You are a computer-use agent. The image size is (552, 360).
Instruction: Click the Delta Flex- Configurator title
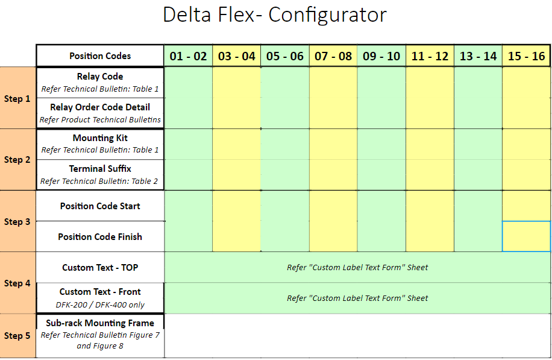pyautogui.click(x=275, y=15)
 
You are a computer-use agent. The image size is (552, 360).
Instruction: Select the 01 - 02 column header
pyautogui.click(x=189, y=56)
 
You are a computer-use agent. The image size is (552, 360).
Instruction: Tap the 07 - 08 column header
pyautogui.click(x=333, y=56)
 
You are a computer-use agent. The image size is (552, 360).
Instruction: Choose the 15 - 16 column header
pyautogui.click(x=526, y=56)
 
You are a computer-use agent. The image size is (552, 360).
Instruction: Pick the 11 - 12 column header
pyautogui.click(x=430, y=56)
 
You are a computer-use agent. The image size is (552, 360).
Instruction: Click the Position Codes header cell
pyautogui.click(x=100, y=55)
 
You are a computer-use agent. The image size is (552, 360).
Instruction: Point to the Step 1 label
pyautogui.click(x=17, y=99)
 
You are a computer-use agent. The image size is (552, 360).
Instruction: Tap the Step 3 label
pyautogui.click(x=17, y=221)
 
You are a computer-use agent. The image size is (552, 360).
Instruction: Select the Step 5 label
pyautogui.click(x=17, y=336)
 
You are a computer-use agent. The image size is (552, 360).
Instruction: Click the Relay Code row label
pyautogui.click(x=100, y=77)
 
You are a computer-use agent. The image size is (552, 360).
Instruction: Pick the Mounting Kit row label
pyautogui.click(x=100, y=138)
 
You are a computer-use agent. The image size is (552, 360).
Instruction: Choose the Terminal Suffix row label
pyautogui.click(x=100, y=169)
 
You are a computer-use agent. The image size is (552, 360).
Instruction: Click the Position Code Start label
pyautogui.click(x=100, y=206)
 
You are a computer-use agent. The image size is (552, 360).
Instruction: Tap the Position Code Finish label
pyautogui.click(x=100, y=237)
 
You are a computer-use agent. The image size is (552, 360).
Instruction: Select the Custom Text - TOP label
pyautogui.click(x=100, y=268)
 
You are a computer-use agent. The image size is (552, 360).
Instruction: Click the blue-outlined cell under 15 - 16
pyautogui.click(x=526, y=236)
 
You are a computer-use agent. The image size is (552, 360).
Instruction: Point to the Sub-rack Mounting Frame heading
pyautogui.click(x=100, y=323)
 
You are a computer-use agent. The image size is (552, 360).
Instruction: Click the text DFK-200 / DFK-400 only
pyautogui.click(x=100, y=305)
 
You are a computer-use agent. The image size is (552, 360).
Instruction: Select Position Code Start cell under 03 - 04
pyautogui.click(x=237, y=206)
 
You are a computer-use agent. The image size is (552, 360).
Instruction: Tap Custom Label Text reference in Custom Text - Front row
pyautogui.click(x=357, y=298)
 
